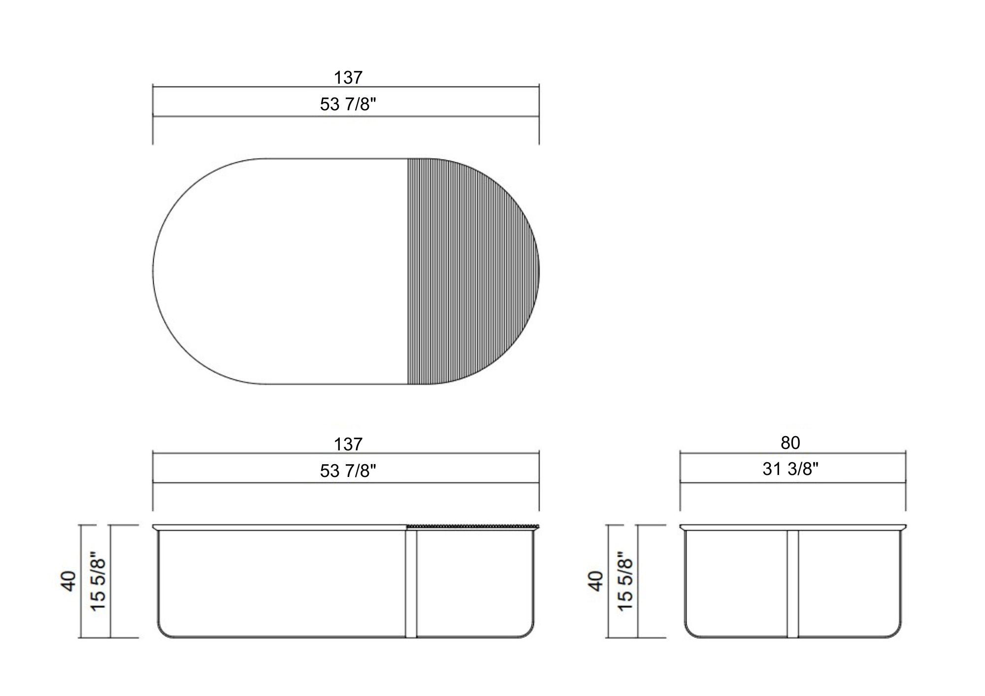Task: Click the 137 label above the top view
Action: pyautogui.click(x=348, y=77)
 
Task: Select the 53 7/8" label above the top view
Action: pyautogui.click(x=348, y=104)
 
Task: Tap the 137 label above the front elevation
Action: pyautogui.click(x=348, y=444)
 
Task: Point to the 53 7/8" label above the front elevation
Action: pyautogui.click(x=348, y=471)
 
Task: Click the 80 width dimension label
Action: pyautogui.click(x=790, y=443)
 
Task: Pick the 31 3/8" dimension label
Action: pyautogui.click(x=790, y=469)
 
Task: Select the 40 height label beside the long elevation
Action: pyautogui.click(x=69, y=581)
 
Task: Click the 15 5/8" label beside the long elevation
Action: pyautogui.click(x=98, y=581)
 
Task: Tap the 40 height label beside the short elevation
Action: pyautogui.click(x=596, y=581)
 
